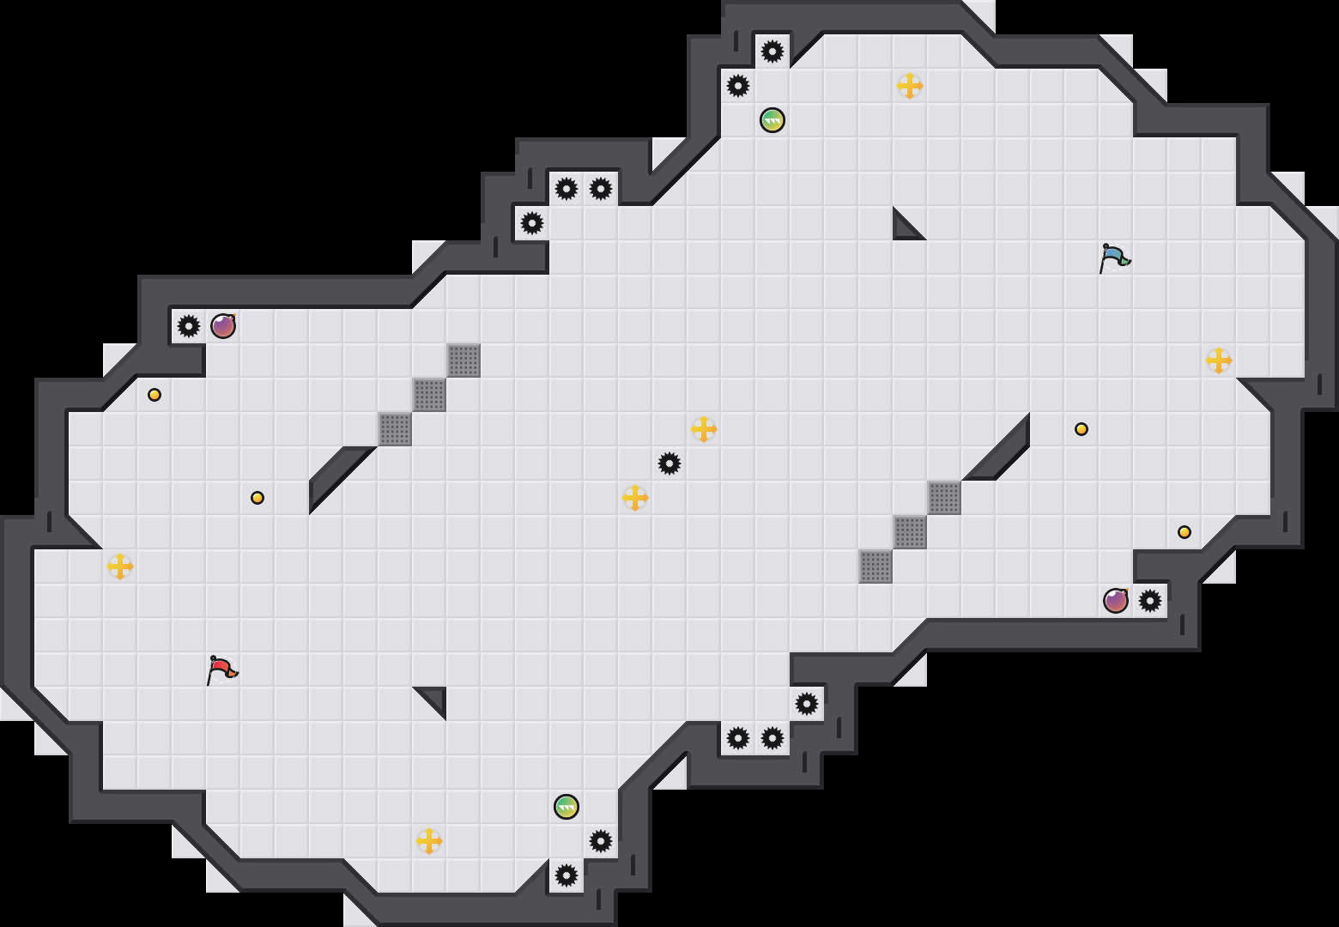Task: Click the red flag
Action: click(x=221, y=669)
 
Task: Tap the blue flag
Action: click(x=1113, y=257)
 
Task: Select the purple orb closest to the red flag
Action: click(x=223, y=326)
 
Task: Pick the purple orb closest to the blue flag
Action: click(x=1116, y=601)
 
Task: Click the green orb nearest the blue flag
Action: click(x=772, y=120)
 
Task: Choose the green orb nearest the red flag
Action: click(x=566, y=807)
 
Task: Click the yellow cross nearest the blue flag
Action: click(x=1219, y=360)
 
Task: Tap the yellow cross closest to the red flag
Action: click(x=120, y=566)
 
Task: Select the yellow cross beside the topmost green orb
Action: click(x=910, y=86)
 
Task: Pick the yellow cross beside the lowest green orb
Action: click(x=429, y=841)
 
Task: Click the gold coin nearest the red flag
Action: click(x=257, y=498)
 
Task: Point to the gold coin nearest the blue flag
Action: click(x=1081, y=429)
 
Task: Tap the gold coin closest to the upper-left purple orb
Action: click(x=154, y=395)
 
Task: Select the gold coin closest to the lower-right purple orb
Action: click(x=1184, y=532)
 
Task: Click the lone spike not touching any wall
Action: click(x=669, y=463)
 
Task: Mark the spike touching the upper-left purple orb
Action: click(x=189, y=326)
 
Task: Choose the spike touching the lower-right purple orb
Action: click(x=1150, y=601)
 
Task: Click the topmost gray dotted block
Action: click(x=463, y=360)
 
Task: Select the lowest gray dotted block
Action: click(x=875, y=566)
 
